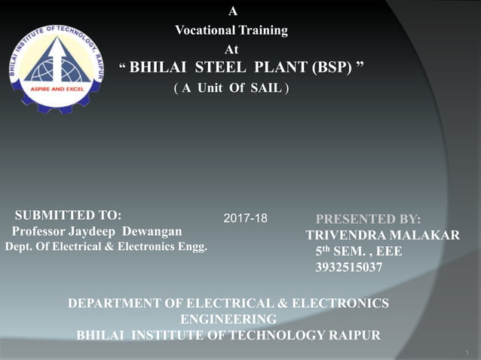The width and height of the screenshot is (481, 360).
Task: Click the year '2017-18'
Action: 246,218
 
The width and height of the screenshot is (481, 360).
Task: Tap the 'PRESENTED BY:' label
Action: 368,219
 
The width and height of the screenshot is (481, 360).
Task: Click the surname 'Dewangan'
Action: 152,230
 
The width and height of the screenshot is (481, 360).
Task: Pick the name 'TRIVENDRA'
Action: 344,236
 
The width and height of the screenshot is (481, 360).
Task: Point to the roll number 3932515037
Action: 348,267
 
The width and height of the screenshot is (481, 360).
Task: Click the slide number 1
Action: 467,351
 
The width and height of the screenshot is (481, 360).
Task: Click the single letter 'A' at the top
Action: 233,11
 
